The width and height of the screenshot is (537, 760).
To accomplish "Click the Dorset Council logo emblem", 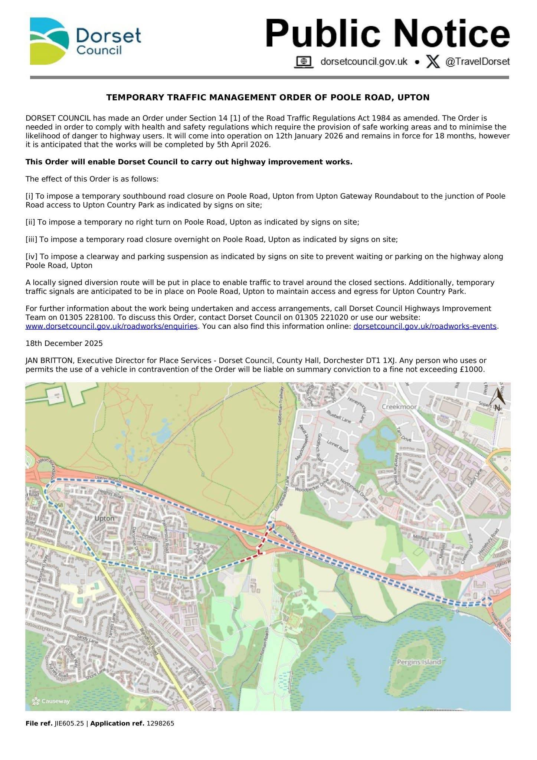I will click(49, 41).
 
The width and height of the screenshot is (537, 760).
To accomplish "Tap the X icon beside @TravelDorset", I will click(432, 62).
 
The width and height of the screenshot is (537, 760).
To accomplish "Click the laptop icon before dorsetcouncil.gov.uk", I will click(304, 62).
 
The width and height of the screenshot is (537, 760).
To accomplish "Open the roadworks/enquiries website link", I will click(111, 326).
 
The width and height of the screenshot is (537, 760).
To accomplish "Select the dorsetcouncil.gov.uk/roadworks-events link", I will click(425, 326).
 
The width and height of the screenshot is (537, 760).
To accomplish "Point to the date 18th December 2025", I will click(64, 343).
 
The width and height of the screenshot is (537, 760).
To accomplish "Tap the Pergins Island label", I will click(419, 662).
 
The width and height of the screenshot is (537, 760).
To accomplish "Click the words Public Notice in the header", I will click(387, 34).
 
